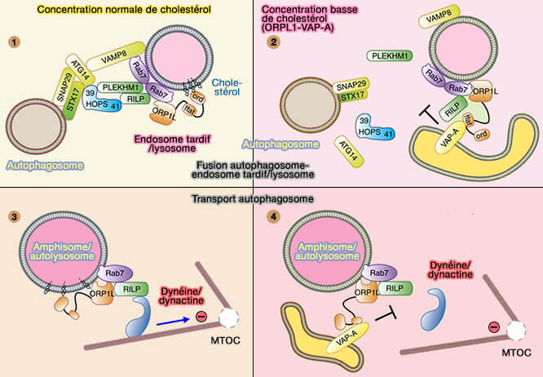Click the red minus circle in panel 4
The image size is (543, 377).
coord(492,329)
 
